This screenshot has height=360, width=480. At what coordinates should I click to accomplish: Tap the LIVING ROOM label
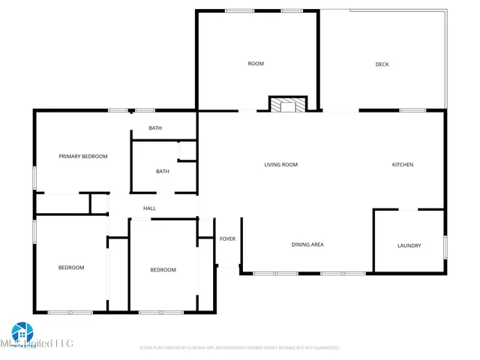click(281, 164)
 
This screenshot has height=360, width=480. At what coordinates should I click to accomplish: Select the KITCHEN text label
click(403, 164)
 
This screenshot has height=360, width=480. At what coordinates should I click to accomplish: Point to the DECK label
click(382, 64)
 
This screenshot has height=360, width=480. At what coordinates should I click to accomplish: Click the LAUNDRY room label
click(409, 245)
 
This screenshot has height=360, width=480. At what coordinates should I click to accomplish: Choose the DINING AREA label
click(307, 244)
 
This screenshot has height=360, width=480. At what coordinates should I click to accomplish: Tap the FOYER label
click(227, 239)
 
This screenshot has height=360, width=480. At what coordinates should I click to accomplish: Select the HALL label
click(150, 208)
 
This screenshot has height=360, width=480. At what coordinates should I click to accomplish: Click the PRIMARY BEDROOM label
click(83, 157)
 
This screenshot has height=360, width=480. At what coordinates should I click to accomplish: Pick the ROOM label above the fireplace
click(256, 64)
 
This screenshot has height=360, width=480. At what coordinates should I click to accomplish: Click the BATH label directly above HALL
click(163, 171)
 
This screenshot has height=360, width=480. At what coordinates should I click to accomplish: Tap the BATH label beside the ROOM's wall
click(155, 128)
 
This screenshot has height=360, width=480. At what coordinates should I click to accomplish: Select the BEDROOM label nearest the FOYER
click(163, 270)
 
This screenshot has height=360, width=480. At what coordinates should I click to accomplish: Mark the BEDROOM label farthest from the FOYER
click(71, 268)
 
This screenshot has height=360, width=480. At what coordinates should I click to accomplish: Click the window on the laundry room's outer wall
click(445, 246)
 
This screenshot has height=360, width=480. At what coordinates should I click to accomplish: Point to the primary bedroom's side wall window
click(34, 177)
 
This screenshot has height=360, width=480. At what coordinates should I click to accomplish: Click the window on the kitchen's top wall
click(412, 110)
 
